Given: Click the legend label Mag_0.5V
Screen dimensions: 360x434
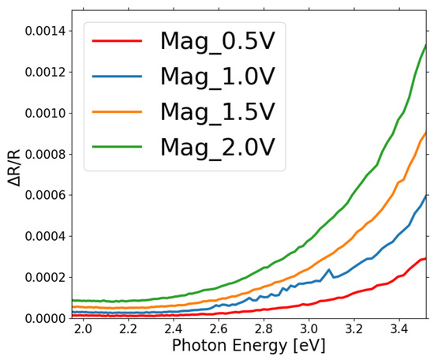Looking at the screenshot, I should click(x=225, y=40).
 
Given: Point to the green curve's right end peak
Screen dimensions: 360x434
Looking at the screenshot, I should click(x=426, y=45).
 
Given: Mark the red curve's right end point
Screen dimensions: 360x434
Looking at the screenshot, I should click(x=426, y=258).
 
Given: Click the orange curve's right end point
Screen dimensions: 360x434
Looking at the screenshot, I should click(x=426, y=133).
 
